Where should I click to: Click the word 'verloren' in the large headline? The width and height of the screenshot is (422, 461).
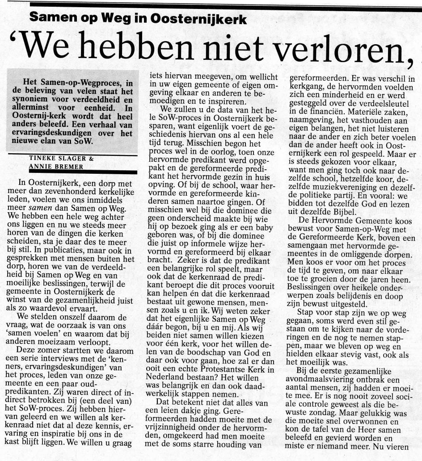pos(331,46)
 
